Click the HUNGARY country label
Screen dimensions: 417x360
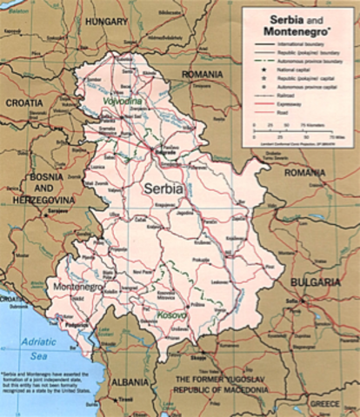107,18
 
